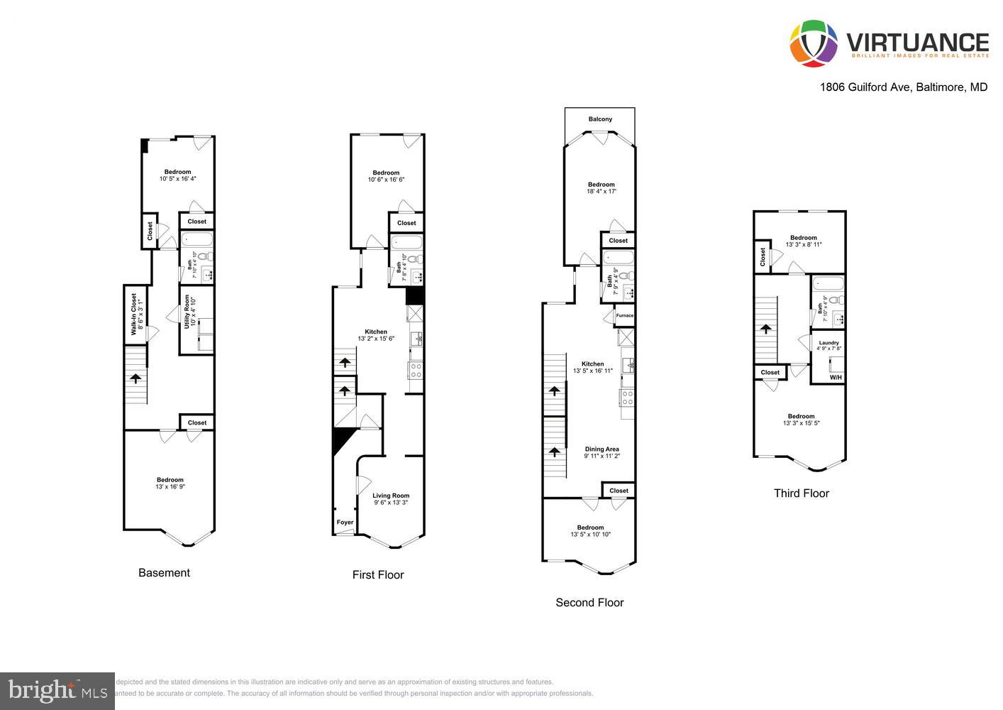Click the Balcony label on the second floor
[x=600, y=119]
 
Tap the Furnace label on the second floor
[x=625, y=315]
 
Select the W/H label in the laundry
[x=836, y=377]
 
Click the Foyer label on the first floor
[x=345, y=523]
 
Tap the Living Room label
[x=391, y=496]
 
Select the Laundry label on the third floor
[x=829, y=343]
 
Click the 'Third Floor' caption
[x=801, y=493]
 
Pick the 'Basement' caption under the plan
[x=164, y=573]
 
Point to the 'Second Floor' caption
[x=589, y=603]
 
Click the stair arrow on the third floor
[x=766, y=329]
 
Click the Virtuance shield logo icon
[x=814, y=44]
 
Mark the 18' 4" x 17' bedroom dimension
[x=602, y=192]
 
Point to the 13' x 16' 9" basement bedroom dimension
[x=170, y=487]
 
